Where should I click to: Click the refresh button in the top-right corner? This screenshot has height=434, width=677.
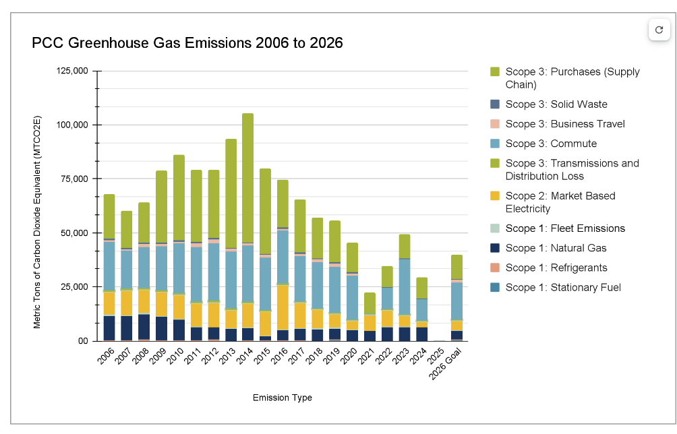[659, 30]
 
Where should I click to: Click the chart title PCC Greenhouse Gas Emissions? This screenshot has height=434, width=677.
[187, 43]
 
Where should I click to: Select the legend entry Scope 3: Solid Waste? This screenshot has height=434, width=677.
[556, 104]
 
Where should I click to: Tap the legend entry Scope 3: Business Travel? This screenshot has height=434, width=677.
[564, 124]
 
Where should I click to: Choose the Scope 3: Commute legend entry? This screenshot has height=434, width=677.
[550, 144]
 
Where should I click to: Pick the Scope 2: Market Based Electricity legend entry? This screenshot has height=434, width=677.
[560, 202]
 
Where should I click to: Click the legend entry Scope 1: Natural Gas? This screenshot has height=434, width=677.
[556, 248]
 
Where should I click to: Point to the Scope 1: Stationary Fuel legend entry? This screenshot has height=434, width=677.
[562, 287]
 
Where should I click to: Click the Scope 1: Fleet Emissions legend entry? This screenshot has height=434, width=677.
[564, 228]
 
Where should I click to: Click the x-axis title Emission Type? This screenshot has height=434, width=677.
[283, 398]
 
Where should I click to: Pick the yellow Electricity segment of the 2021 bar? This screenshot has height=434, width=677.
[370, 322]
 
